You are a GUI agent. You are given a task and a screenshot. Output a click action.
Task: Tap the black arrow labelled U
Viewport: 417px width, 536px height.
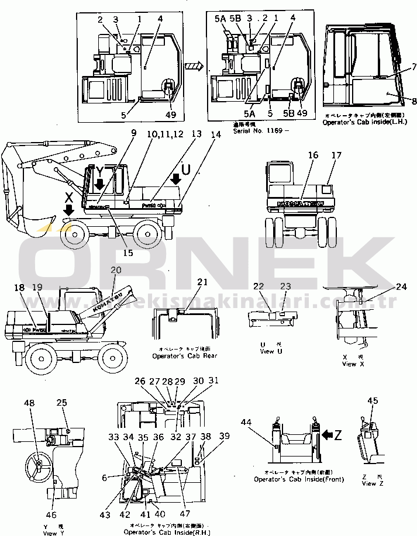pyautogui.click(x=176, y=178)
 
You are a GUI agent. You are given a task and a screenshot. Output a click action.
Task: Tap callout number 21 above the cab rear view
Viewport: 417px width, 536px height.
pyautogui.click(x=202, y=283)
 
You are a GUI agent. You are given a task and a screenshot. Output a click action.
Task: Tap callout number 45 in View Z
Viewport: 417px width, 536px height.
pyautogui.click(x=373, y=401)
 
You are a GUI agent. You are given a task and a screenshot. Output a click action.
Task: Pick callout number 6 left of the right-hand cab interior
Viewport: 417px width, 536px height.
pyautogui.click(x=105, y=477)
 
